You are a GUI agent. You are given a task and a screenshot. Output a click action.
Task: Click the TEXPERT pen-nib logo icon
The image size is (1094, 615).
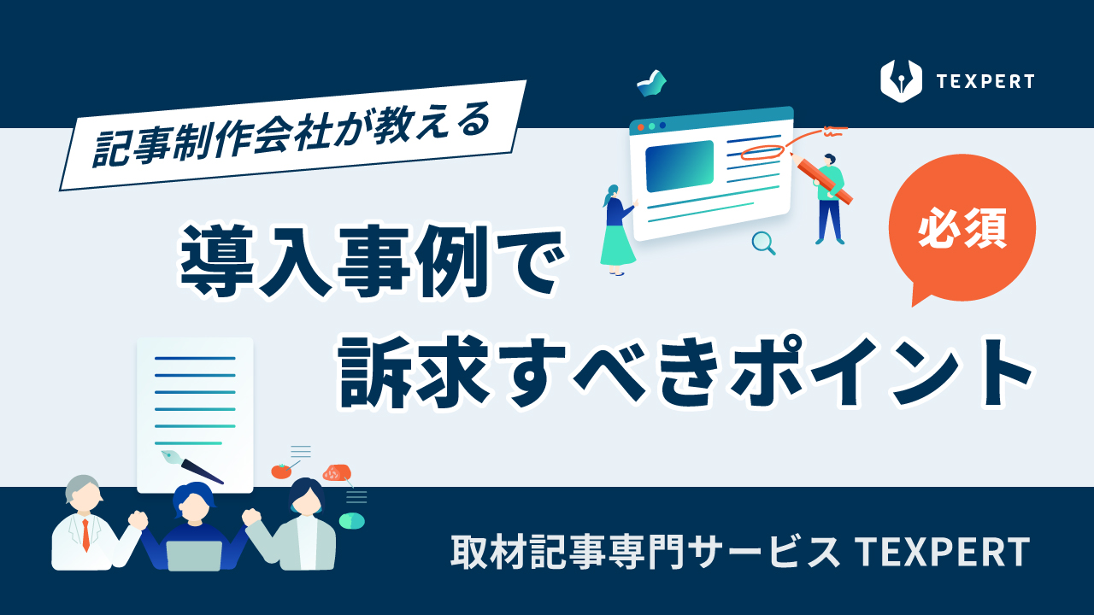coord(901,81)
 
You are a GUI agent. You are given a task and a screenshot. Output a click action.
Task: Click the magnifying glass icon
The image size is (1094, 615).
coord(763,243)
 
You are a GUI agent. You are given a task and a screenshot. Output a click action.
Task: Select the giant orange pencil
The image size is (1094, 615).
coord(820,178)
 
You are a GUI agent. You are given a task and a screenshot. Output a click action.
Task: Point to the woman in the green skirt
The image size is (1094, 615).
coord(617,231)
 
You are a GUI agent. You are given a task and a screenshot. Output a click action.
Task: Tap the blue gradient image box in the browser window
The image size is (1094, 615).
coord(679,166)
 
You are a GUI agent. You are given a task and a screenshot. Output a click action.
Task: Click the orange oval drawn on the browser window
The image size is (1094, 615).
coord(762,152)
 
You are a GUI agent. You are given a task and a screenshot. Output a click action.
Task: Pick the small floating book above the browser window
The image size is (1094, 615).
coord(651,84)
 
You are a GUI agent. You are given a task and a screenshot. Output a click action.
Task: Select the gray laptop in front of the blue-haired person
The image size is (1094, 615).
coord(194,556)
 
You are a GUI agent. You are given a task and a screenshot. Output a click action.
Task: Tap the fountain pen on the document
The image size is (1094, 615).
coord(192,466)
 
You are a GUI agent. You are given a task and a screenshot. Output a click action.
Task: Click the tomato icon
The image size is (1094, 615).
coord(281,471)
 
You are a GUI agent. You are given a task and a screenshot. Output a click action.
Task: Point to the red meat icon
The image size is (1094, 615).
coord(337,472)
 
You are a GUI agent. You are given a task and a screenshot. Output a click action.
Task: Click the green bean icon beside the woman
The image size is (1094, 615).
coord(351,521)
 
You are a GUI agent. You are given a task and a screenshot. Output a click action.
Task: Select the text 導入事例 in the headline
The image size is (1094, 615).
coord(334,261)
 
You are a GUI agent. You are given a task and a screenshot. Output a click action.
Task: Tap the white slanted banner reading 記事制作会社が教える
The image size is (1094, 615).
coord(293,135)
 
